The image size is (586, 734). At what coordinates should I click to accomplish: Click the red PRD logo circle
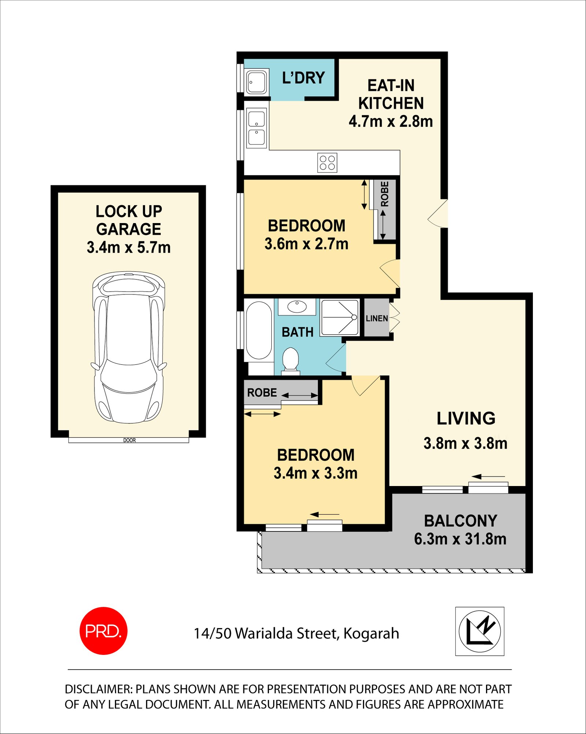click(103, 631)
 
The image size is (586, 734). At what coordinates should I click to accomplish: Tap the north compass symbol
click(479, 631)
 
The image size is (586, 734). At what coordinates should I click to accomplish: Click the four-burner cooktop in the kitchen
click(327, 163)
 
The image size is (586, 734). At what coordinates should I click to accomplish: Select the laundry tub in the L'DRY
click(256, 82)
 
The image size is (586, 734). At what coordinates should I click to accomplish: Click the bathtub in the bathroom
click(259, 330)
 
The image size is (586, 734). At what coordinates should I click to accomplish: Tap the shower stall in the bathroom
click(340, 318)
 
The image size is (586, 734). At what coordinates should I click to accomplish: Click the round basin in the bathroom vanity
click(297, 306)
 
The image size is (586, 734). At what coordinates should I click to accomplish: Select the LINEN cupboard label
click(377, 318)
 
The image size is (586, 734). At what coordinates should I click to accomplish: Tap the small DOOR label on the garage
click(129, 440)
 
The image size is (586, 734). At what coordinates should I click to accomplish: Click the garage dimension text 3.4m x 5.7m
click(129, 248)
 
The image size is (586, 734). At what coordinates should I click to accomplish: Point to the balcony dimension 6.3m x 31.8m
click(460, 539)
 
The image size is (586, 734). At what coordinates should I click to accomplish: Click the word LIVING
click(466, 419)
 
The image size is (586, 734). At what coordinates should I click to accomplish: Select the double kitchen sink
click(256, 128)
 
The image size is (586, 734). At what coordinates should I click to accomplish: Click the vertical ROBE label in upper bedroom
click(385, 194)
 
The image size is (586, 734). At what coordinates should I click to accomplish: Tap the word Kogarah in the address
click(371, 634)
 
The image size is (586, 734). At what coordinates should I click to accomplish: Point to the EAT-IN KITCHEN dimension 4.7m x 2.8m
click(390, 121)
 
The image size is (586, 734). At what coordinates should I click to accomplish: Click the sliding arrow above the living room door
click(488, 477)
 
